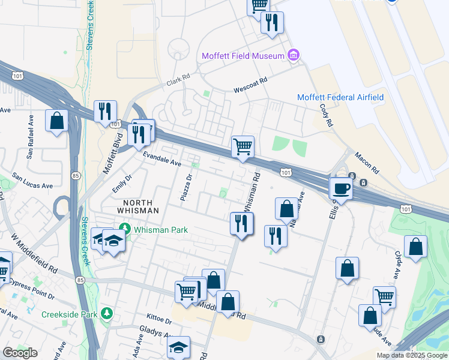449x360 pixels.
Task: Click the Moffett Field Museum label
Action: click(243, 56)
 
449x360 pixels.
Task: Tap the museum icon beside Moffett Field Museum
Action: click(294, 56)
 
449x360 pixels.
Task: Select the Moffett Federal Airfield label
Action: click(340, 97)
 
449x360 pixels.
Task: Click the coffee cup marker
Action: click(341, 188)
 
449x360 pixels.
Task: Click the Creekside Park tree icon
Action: click(106, 314)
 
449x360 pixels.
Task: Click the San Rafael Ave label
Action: click(29, 142)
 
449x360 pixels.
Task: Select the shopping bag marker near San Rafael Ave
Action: click(57, 121)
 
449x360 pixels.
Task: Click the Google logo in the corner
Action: click(20, 353)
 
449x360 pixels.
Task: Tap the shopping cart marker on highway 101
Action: click(243, 146)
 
